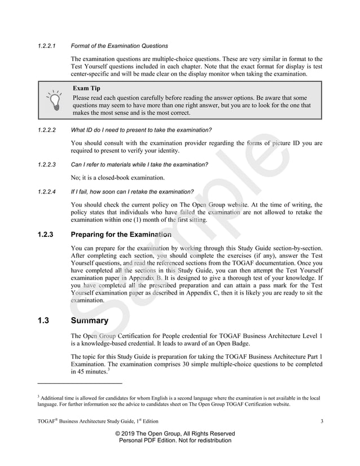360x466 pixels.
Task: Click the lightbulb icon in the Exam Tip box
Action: pyautogui.click(x=54, y=99)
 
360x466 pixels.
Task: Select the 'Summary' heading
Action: pyautogui.click(x=89, y=322)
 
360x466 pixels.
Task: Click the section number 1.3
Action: pyautogui.click(x=43, y=322)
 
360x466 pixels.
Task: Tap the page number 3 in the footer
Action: pyautogui.click(x=321, y=421)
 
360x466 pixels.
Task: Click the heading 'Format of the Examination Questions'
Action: pyautogui.click(x=119, y=46)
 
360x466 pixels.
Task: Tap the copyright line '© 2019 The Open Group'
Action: pyautogui.click(x=175, y=433)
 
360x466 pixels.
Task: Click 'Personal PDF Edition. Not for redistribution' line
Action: pyautogui.click(x=175, y=441)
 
